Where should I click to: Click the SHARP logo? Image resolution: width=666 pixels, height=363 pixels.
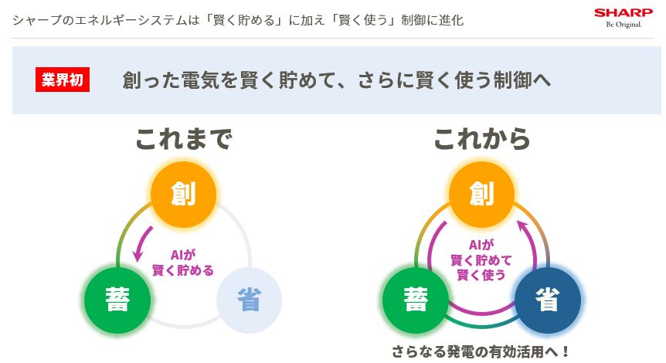pos(623,13)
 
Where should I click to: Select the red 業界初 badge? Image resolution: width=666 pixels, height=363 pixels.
pos(63,80)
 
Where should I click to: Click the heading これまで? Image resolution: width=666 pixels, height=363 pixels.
pos(183,139)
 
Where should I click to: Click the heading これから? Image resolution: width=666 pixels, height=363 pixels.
pos(481,139)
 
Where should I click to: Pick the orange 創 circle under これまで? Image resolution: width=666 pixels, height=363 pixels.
pos(183,192)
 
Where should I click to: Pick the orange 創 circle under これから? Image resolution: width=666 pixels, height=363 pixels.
pos(481,192)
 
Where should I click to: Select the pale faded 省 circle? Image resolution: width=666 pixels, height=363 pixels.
pos(249,298)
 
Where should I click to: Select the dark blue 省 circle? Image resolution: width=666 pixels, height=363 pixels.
pos(547,298)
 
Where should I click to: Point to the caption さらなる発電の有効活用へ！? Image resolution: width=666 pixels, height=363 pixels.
pos(481,351)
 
